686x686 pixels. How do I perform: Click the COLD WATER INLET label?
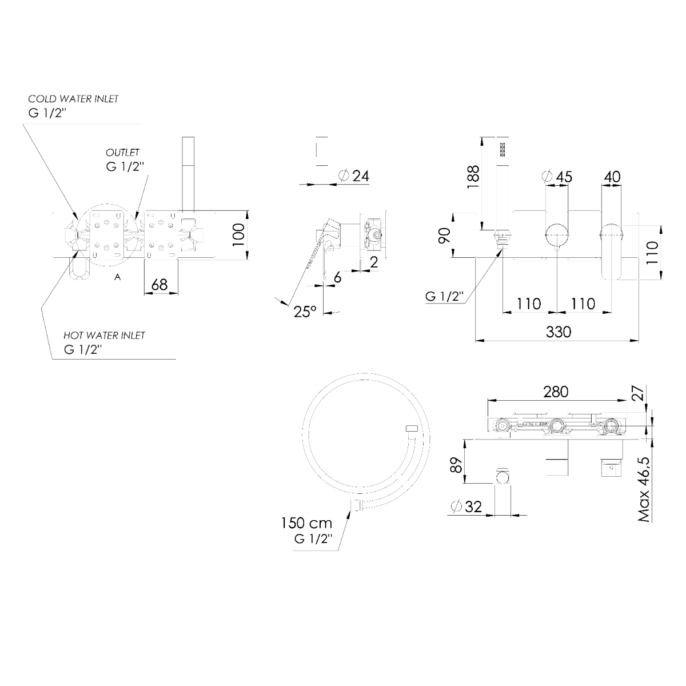[x=73, y=98]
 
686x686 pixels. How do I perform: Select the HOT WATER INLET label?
[x=104, y=336]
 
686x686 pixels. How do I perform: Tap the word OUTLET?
[x=122, y=153]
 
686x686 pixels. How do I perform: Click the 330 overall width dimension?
[x=558, y=332]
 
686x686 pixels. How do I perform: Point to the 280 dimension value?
[x=556, y=392]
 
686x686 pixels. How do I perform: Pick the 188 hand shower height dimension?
[x=473, y=177]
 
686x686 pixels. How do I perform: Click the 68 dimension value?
[x=159, y=285]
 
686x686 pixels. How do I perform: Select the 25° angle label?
[x=305, y=312]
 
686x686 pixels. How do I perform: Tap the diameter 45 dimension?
[x=557, y=177]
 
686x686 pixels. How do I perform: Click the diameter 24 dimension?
[x=353, y=176]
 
